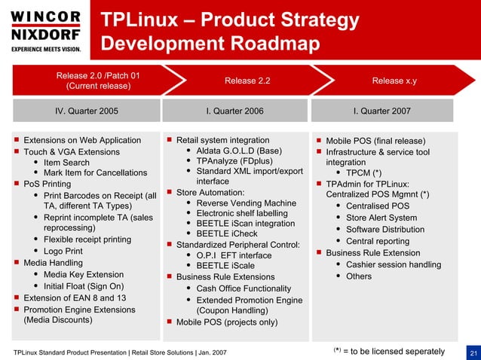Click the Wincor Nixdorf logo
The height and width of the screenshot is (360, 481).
[45, 31]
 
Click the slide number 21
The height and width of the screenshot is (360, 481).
[473, 352]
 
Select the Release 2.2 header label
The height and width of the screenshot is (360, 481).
[247, 81]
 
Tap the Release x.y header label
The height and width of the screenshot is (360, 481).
[394, 81]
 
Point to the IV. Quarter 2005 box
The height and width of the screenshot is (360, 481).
[87, 111]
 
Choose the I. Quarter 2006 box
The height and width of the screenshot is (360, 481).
[234, 111]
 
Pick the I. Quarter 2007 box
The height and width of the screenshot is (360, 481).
[382, 111]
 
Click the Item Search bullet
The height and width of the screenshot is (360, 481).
[66, 163]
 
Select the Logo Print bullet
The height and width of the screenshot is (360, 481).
[63, 251]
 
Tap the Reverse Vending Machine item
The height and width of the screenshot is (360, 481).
[246, 203]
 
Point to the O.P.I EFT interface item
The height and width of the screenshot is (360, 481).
[234, 255]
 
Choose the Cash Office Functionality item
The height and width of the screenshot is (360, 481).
[244, 288]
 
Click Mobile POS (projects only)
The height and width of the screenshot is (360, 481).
[226, 322]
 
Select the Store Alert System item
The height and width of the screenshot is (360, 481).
[381, 218]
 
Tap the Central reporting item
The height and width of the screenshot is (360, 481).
[377, 241]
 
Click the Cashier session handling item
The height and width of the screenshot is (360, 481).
[393, 264]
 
